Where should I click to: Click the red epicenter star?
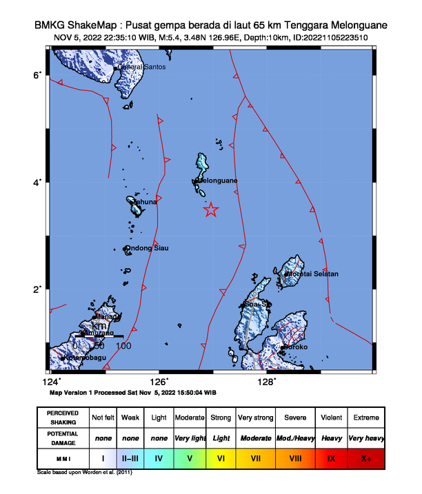click(211, 210)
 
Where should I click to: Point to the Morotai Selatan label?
click(313, 274)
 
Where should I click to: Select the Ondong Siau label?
click(147, 248)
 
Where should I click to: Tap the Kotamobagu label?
click(87, 358)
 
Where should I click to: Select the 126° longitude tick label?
click(159, 382)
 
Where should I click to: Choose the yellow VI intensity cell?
click(221, 457)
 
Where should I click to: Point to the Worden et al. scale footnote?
click(84, 473)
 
